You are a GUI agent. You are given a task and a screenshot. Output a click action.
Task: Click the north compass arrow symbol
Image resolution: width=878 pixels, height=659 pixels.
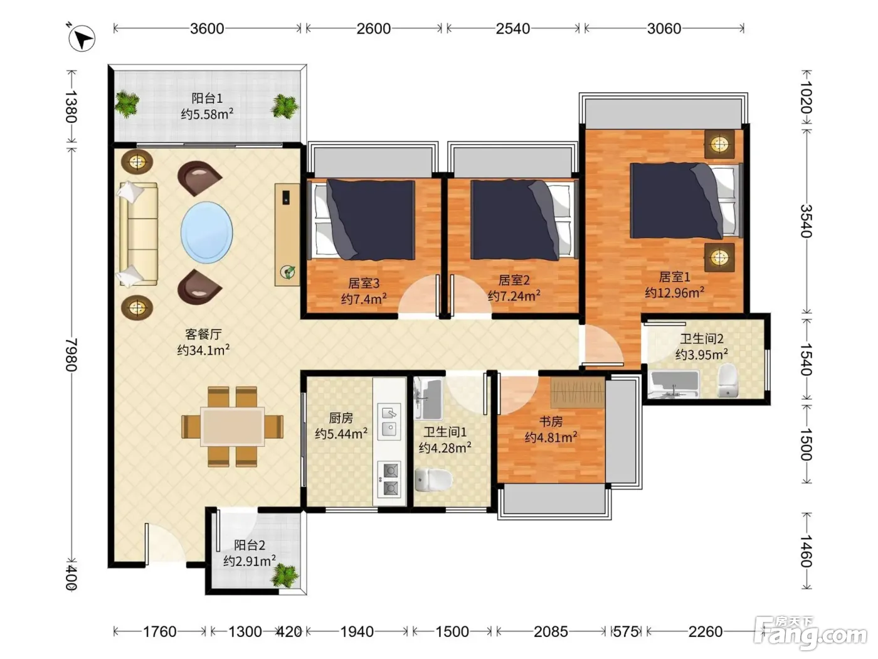coord(82,38)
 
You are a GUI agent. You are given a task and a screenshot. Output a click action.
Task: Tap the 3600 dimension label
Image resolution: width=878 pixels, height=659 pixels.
coord(207,29)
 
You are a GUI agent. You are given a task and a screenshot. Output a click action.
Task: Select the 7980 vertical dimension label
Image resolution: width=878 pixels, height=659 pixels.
coord(71,355)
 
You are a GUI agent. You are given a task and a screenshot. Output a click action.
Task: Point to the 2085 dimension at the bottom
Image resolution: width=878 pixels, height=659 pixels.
coord(551,631)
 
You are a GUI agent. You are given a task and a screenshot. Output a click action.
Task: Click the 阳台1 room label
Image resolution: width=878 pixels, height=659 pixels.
coord(207,98)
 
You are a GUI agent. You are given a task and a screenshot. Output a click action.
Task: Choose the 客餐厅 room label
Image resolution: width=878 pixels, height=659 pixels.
coord(203,334)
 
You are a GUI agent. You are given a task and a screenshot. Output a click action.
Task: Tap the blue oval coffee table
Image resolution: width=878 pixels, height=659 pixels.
coord(206,232)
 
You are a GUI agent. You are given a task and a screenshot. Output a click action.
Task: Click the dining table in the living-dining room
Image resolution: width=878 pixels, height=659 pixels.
coord(233,426)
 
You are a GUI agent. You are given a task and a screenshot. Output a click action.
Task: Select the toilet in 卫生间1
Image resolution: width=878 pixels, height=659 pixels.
coord(433,480)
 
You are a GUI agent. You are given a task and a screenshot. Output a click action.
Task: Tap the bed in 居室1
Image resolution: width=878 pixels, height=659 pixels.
coord(686,201)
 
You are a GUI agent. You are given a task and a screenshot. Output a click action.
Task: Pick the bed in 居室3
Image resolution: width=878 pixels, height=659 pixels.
coord(364,220)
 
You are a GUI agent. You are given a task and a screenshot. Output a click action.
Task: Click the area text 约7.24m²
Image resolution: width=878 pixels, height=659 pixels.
coord(514,296)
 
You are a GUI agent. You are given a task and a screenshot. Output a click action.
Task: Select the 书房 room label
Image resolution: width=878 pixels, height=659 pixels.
coord(551,421)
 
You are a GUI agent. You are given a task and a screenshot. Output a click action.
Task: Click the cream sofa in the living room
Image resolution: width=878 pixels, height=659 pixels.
coord(138,234)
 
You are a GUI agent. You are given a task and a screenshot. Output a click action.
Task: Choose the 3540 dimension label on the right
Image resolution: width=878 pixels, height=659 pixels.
coord(807,221)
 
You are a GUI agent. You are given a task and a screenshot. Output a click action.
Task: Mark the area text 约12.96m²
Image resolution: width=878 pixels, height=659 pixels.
coord(674,292)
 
